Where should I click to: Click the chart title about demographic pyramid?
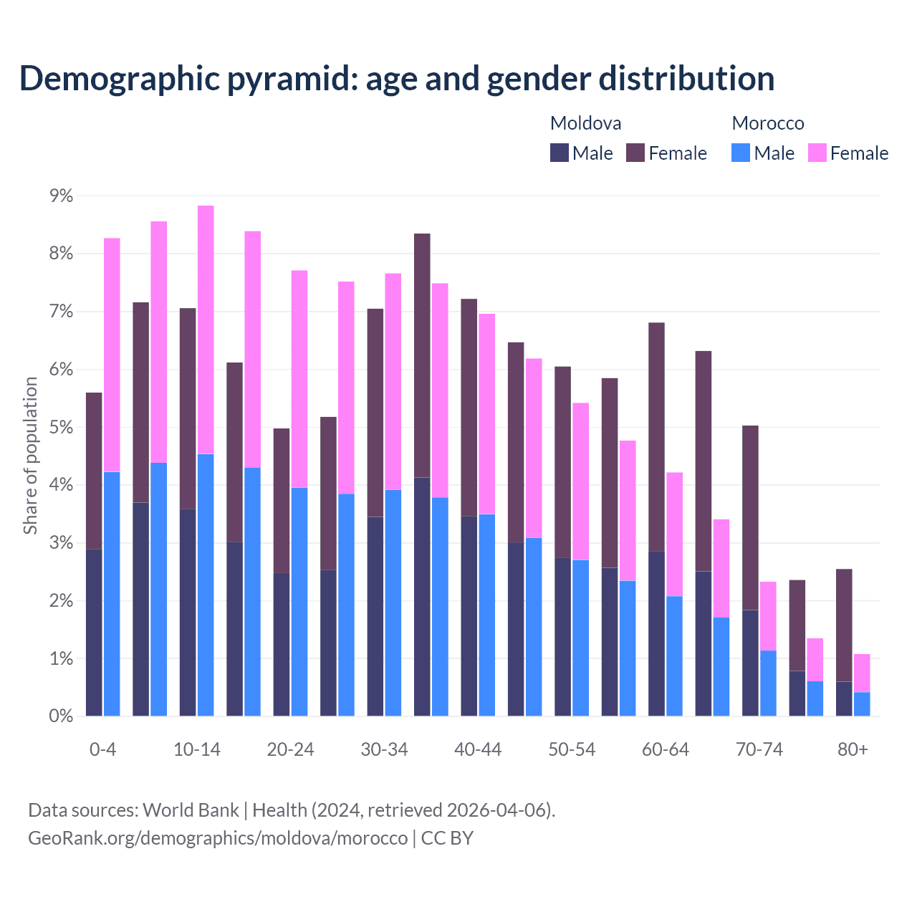click(x=397, y=79)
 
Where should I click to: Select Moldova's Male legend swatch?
click(x=559, y=153)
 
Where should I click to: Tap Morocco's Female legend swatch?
click(x=817, y=153)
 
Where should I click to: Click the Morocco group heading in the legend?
click(x=768, y=123)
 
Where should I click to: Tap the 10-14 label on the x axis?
click(x=197, y=750)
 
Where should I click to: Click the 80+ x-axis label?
click(x=853, y=750)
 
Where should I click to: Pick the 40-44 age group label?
click(x=478, y=750)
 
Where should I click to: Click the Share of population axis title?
click(x=30, y=456)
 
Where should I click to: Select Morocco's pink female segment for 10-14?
click(x=206, y=330)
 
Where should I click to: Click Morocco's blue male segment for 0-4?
click(x=112, y=594)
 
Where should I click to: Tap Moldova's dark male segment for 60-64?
click(x=656, y=633)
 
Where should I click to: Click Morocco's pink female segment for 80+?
click(x=862, y=673)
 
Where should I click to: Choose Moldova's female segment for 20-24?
click(x=282, y=500)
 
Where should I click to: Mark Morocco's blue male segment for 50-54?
click(x=580, y=638)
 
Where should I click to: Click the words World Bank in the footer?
click(x=191, y=810)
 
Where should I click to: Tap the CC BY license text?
click(x=447, y=838)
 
